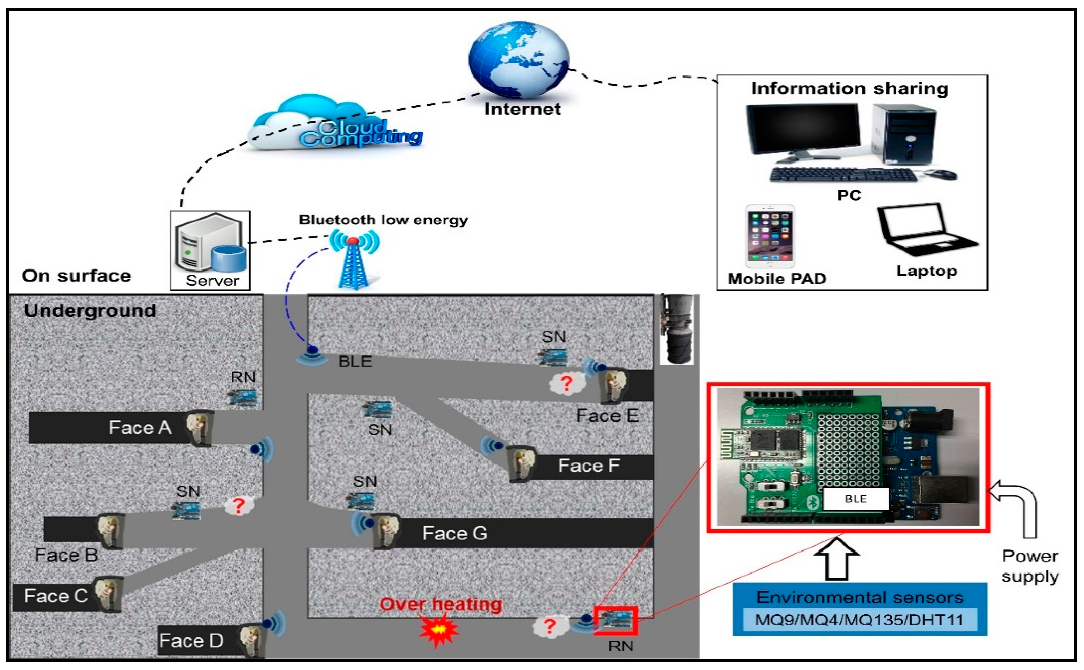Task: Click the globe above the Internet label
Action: pos(519,60)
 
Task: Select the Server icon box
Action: pos(210,251)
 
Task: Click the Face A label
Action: pos(140,428)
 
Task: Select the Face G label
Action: pos(455,533)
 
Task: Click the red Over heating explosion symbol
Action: pos(438,630)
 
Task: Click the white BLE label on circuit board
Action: pos(855,499)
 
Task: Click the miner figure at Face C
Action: pos(108,594)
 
